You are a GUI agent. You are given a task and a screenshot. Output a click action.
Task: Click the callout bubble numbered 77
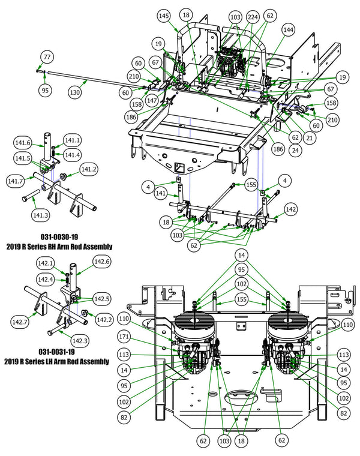(x=47, y=57)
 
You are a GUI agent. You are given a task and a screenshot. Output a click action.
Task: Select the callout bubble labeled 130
(x=74, y=93)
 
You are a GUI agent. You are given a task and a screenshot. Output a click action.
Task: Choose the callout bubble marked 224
(x=253, y=19)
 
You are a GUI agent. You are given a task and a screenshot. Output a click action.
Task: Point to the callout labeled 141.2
(x=89, y=170)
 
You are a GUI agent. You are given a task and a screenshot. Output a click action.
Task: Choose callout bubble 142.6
(x=101, y=261)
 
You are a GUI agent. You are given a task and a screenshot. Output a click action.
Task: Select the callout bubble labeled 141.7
(x=16, y=181)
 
